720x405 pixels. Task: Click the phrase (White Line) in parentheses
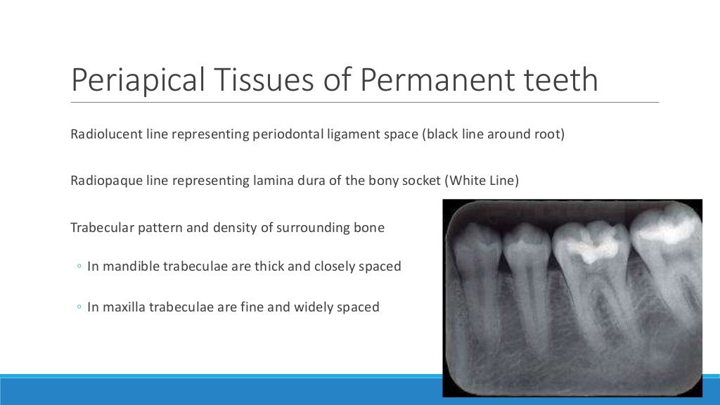pyautogui.click(x=482, y=181)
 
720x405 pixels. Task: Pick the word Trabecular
pyautogui.click(x=99, y=228)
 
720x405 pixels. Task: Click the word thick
pyautogui.click(x=263, y=267)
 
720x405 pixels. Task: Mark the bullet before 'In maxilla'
pyautogui.click(x=78, y=308)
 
